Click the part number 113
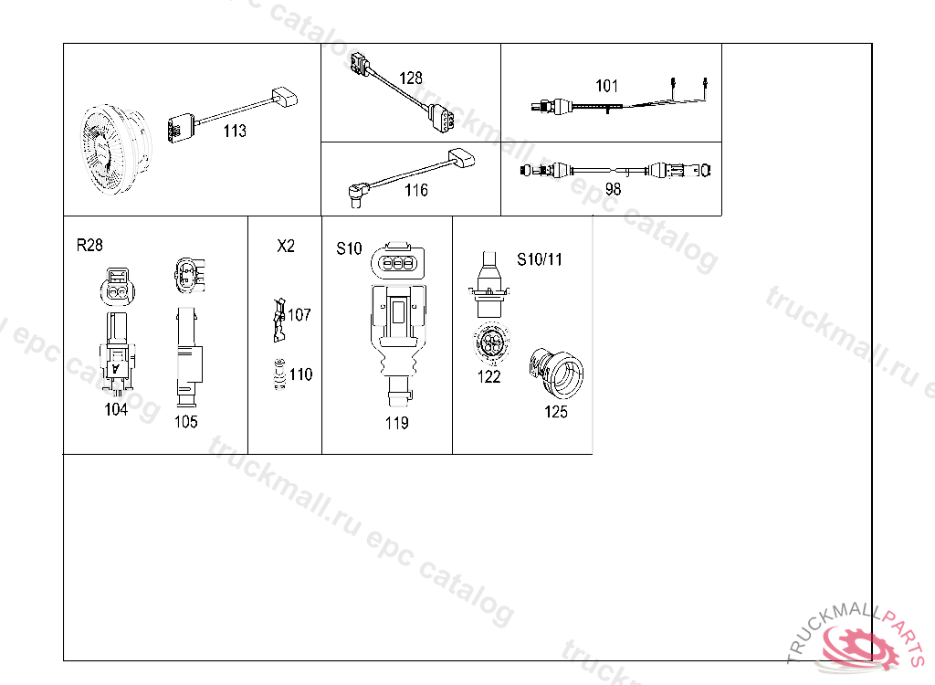[235, 131]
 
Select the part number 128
[410, 79]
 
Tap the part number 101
[606, 86]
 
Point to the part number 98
[613, 189]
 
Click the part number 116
[415, 190]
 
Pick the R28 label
[89, 246]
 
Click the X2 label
[286, 246]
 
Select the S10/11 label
[539, 259]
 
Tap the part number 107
[299, 314]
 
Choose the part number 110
[300, 374]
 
